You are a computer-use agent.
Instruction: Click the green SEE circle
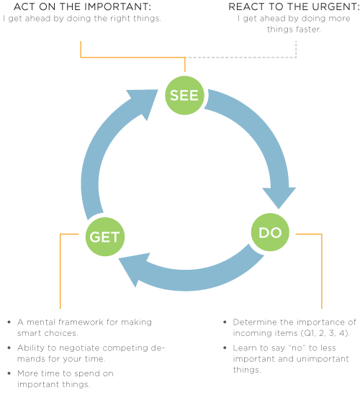184,96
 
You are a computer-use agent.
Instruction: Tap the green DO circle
270,232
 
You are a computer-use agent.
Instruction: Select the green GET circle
105,237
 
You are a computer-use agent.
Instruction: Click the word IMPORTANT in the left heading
118,6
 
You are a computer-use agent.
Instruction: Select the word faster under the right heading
308,29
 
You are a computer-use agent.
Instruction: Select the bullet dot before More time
9,373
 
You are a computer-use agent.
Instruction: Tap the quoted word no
297,348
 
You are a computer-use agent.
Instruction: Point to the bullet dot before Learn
225,348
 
